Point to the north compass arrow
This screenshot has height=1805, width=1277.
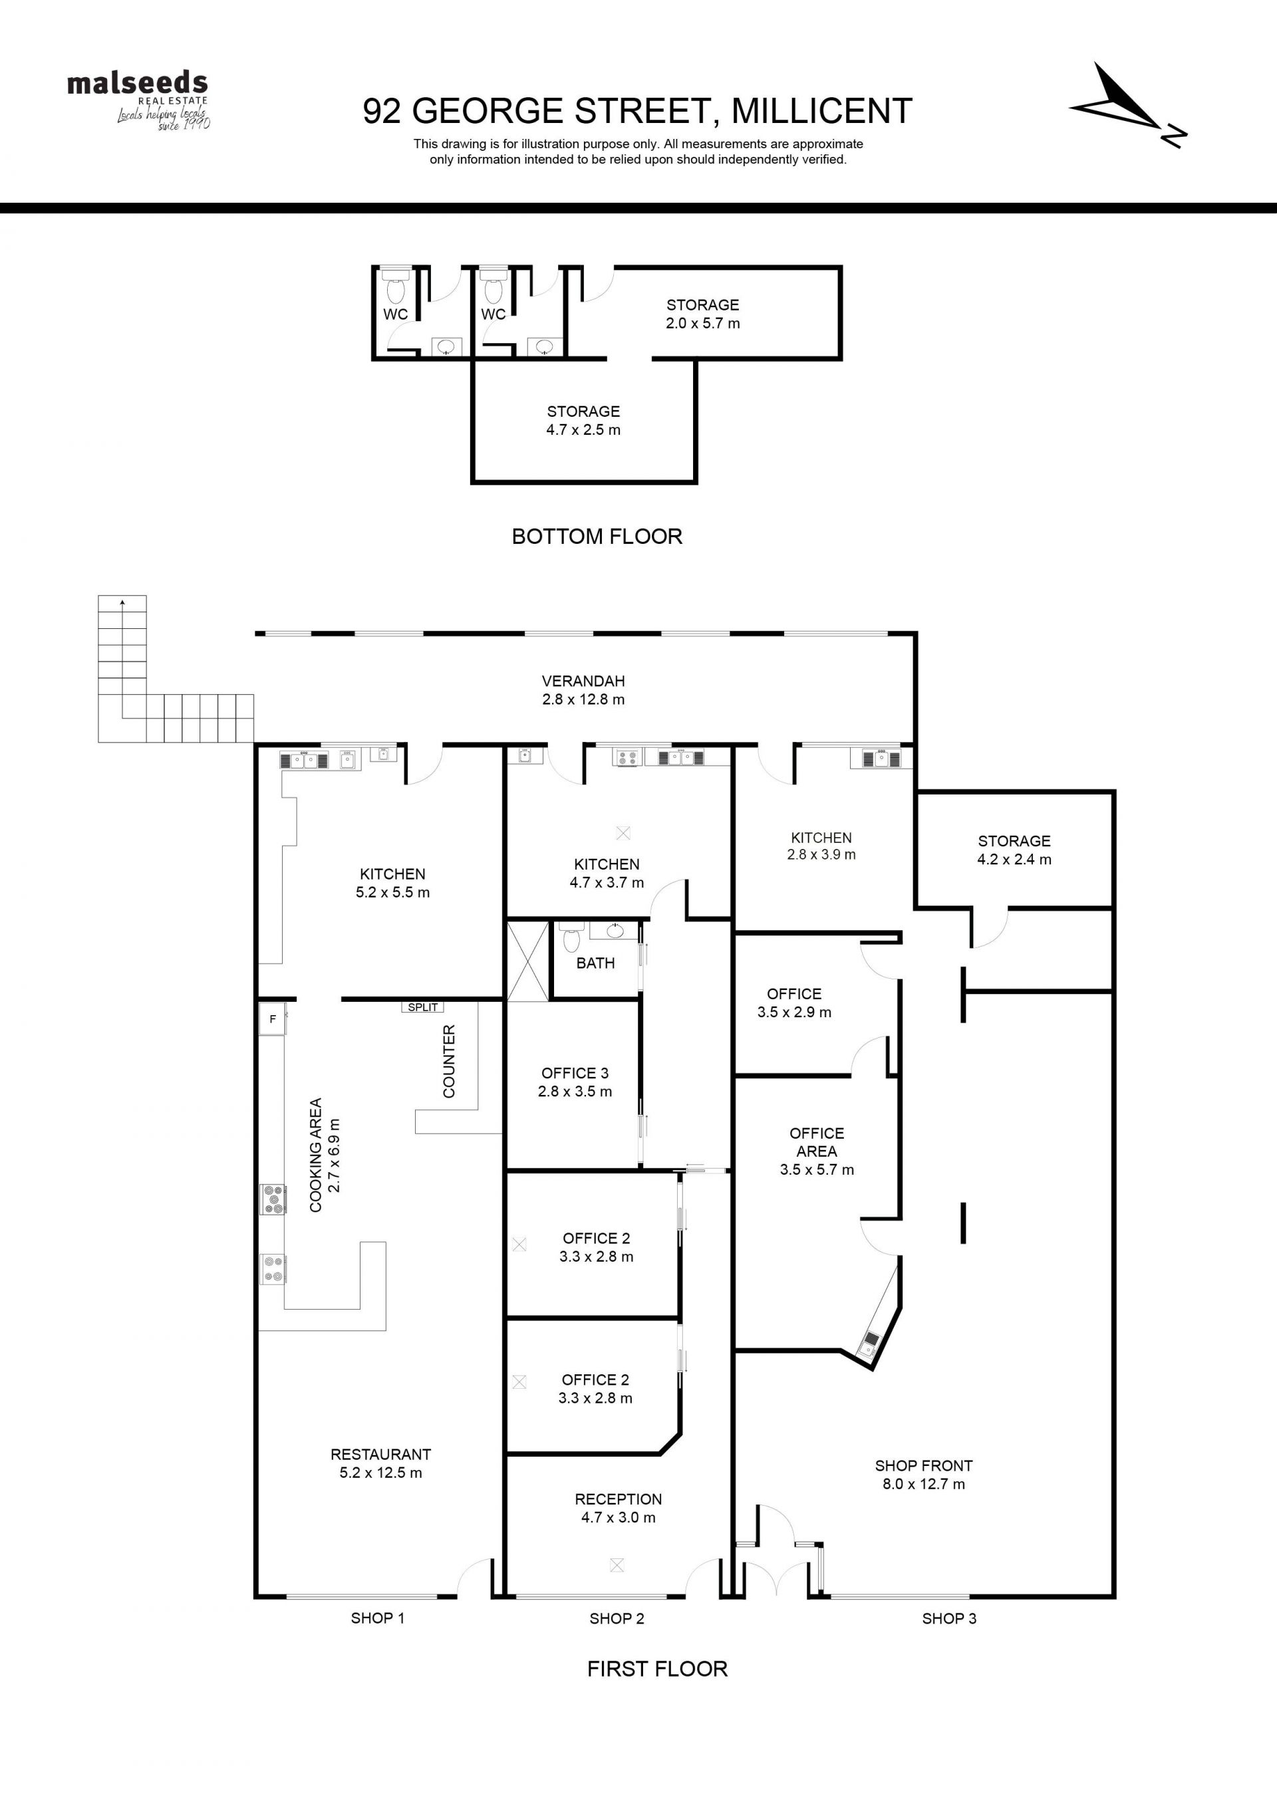point(1127,104)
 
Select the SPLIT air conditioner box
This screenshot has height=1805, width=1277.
point(423,1007)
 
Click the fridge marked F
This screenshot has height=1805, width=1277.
point(272,1020)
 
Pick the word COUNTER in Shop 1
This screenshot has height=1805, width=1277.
point(449,1061)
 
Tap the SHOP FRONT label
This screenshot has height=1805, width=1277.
point(924,1475)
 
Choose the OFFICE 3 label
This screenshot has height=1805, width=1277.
point(575,1082)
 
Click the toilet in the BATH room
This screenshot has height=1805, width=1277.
point(572,937)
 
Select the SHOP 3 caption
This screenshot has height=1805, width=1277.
point(949,1618)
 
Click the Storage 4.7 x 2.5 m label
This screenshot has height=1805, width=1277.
point(583,421)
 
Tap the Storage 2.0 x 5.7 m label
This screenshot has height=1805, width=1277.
point(703,314)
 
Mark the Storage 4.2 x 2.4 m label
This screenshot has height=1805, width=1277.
point(1014,850)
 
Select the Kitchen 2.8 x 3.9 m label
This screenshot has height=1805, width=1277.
point(821,846)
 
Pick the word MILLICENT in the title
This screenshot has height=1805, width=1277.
point(821,111)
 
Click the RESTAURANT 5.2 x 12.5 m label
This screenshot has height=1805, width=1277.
point(380,1464)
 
